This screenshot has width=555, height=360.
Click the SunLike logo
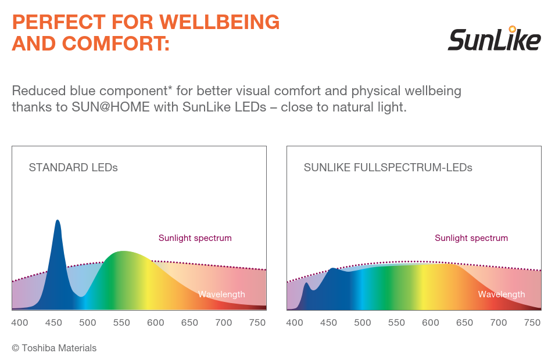[x=494, y=39]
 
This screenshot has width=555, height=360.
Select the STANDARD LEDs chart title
[x=73, y=168]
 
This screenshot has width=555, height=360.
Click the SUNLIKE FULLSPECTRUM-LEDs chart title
[x=388, y=168]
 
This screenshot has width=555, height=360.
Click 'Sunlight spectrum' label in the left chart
[x=195, y=238]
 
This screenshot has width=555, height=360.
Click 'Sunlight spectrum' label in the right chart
[x=471, y=238]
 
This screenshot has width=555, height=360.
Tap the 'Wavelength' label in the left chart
[x=221, y=294]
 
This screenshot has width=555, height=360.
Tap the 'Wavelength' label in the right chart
[x=501, y=294]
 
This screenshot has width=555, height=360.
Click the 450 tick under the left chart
[x=53, y=323]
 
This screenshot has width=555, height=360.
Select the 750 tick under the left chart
[x=257, y=323]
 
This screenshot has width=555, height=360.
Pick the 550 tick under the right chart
[x=396, y=323]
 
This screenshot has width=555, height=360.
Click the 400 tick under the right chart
[x=295, y=323]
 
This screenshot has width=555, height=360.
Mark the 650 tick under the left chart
[x=189, y=323]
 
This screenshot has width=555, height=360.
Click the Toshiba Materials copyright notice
[x=54, y=348]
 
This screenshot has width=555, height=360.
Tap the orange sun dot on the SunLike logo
[x=512, y=28]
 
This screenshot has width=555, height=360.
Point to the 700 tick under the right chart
[x=499, y=323]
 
